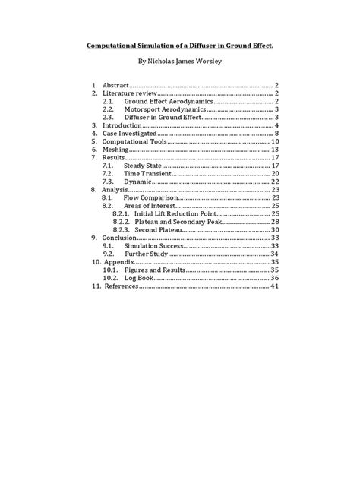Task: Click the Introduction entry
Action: (126, 125)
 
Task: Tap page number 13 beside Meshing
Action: (276, 150)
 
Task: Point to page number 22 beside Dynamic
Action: (276, 183)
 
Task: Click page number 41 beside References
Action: (276, 286)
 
